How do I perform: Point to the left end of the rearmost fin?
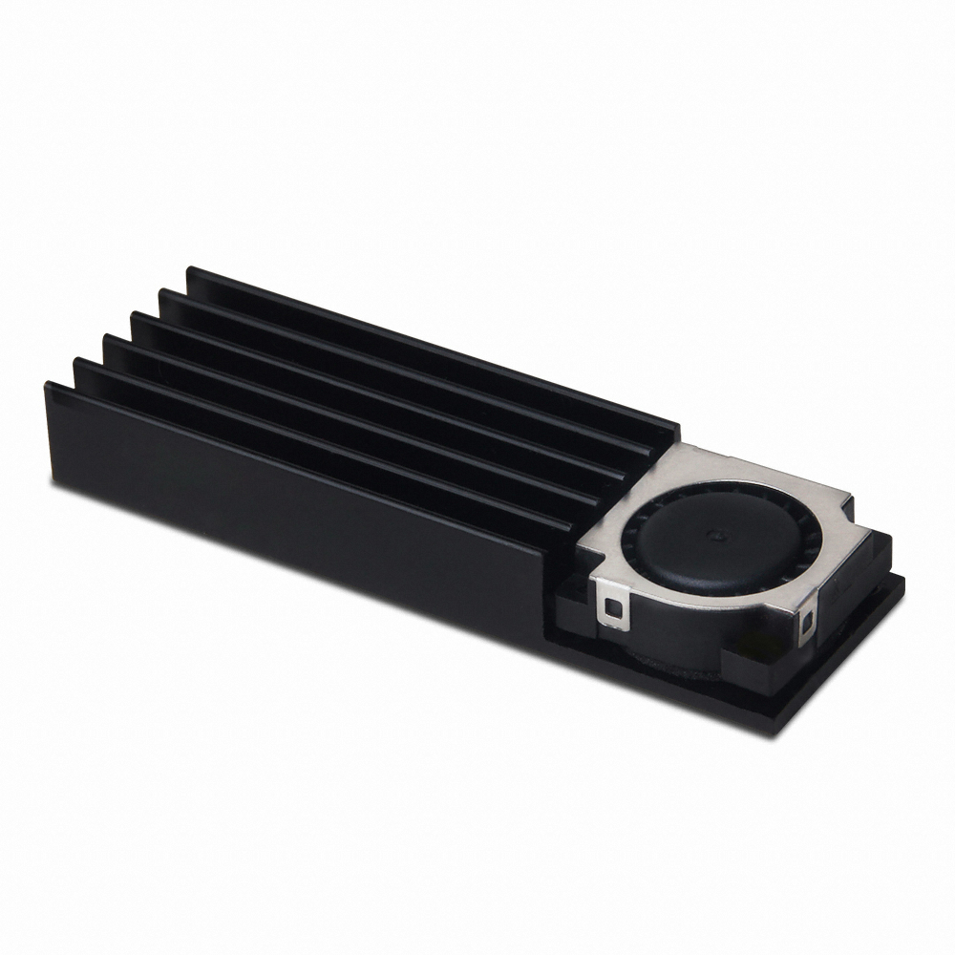click(x=191, y=272)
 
